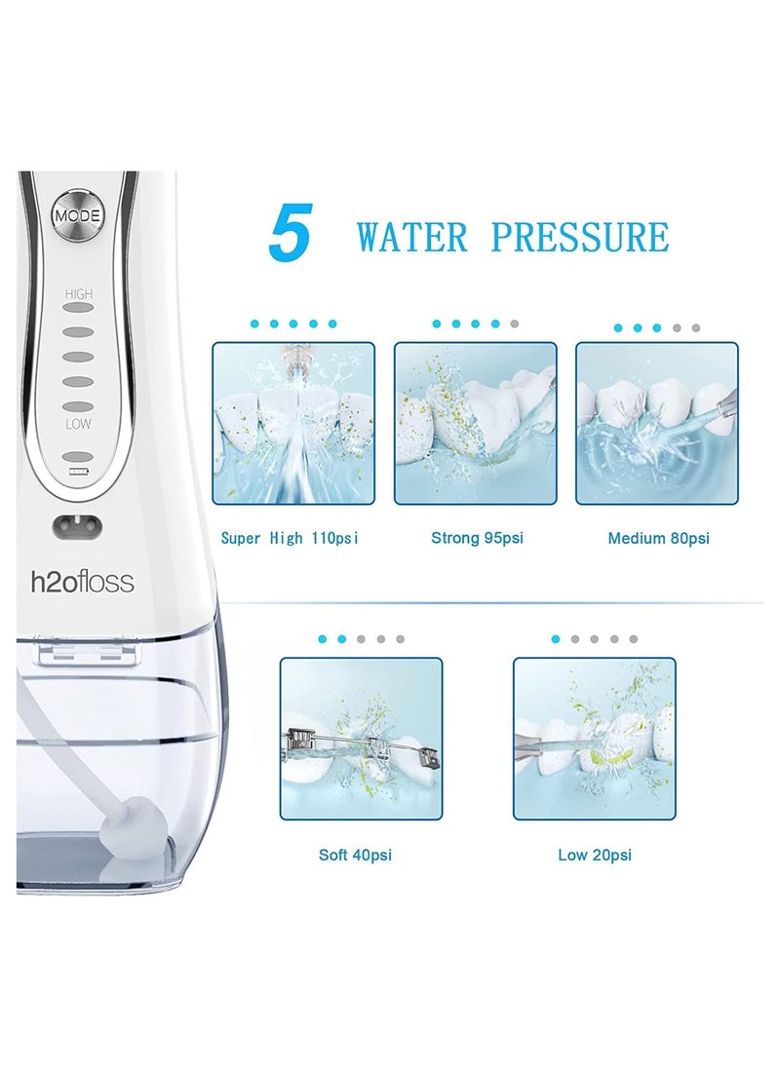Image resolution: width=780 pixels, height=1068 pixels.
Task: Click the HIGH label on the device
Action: point(78,292)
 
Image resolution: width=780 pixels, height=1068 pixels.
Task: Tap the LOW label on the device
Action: point(78,425)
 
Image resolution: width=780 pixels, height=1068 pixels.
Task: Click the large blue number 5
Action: point(290,236)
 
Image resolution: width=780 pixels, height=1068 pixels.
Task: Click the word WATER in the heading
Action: point(414,238)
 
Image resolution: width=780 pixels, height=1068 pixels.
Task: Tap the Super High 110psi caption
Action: point(290,538)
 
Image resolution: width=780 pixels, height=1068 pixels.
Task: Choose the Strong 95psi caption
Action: point(477,538)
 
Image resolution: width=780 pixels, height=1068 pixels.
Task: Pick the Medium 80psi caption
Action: point(658,538)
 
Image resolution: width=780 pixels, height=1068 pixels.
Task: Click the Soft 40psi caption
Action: point(355,856)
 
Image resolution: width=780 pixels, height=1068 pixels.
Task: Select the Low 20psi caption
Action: point(594,856)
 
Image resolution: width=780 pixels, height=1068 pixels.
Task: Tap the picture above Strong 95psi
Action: point(475,423)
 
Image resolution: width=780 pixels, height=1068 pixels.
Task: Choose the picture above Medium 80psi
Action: point(656,423)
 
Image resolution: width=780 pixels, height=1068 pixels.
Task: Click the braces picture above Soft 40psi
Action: point(361,738)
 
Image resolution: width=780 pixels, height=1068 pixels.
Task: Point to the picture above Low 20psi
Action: point(594,738)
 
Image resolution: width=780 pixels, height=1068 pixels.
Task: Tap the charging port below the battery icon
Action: point(76,527)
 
